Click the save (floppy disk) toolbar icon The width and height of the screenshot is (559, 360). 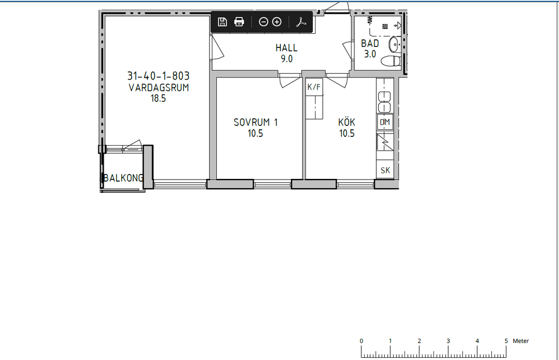pyautogui.click(x=222, y=22)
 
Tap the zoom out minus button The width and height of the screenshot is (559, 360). pyautogui.click(x=263, y=22)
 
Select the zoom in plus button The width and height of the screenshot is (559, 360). pyautogui.click(x=277, y=22)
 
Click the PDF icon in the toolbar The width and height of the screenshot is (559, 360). pyautogui.click(x=301, y=22)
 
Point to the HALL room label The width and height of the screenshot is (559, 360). pyautogui.click(x=286, y=47)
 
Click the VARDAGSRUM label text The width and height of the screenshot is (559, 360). pyautogui.click(x=159, y=88)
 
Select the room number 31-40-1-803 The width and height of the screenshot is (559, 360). pyautogui.click(x=158, y=76)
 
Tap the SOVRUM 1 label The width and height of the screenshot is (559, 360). pyautogui.click(x=255, y=122)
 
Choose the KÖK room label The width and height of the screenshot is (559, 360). pyautogui.click(x=347, y=122)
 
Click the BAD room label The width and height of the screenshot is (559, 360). pyautogui.click(x=370, y=44)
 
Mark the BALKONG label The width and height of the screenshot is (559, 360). pyautogui.click(x=123, y=178)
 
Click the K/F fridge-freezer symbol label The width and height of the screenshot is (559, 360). pyautogui.click(x=314, y=87)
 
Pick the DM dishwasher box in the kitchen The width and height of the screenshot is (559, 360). pyautogui.click(x=385, y=122)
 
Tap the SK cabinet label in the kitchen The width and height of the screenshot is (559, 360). pyautogui.click(x=385, y=171)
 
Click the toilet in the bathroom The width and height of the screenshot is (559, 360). pyautogui.click(x=391, y=61)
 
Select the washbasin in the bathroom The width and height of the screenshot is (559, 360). pyautogui.click(x=395, y=45)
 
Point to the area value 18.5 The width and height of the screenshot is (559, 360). pyautogui.click(x=158, y=98)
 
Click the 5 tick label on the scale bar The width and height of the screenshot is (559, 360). pyautogui.click(x=506, y=341)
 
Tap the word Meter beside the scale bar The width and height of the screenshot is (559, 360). pyautogui.click(x=520, y=341)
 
